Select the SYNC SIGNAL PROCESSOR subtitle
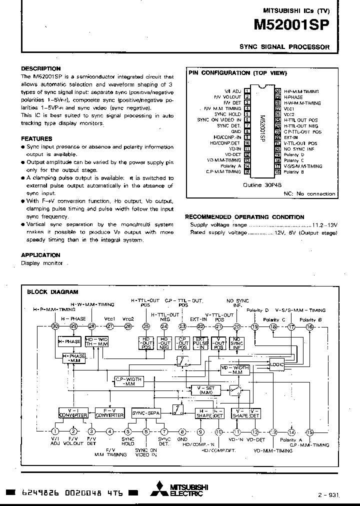(x=284, y=47)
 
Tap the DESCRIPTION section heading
(x=41, y=68)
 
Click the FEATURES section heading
(x=36, y=138)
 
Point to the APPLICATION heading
(x=40, y=255)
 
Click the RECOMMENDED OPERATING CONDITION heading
(x=244, y=217)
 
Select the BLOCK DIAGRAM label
(x=52, y=292)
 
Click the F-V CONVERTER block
(x=109, y=412)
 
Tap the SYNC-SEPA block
(x=145, y=412)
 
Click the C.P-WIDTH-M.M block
(x=128, y=381)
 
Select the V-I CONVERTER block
(x=73, y=412)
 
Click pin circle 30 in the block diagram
(x=55, y=326)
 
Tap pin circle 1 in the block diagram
(x=55, y=432)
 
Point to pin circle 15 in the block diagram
(x=309, y=432)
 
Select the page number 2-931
(x=327, y=495)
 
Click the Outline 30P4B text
(x=259, y=184)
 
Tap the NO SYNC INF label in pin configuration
(x=299, y=149)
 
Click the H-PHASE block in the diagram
(x=69, y=341)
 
